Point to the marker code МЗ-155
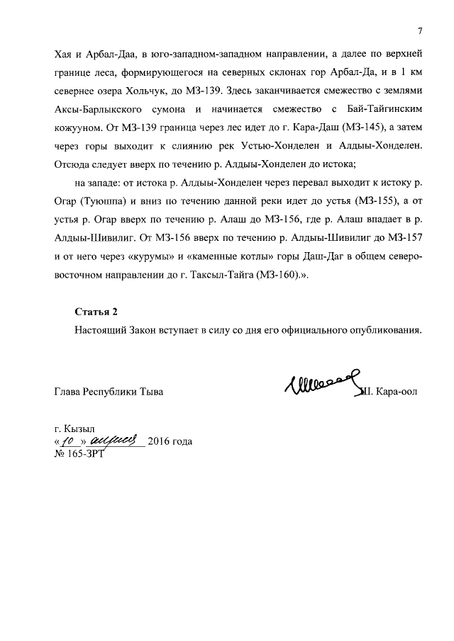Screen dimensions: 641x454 [x=377, y=203]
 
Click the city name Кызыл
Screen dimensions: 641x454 [x=84, y=429]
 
